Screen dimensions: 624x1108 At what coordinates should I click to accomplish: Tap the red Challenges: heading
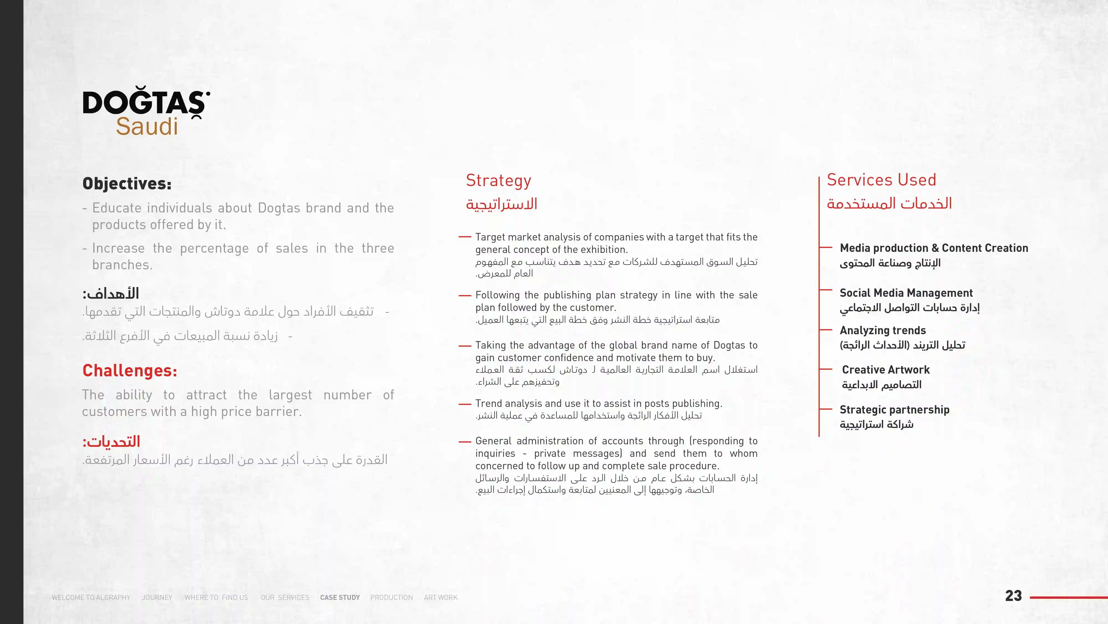click(129, 370)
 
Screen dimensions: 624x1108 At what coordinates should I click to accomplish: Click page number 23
click(1013, 596)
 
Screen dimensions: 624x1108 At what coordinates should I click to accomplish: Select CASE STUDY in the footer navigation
click(340, 597)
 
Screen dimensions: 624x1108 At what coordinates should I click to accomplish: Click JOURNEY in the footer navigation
click(157, 597)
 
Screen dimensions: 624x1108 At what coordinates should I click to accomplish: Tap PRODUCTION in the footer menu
click(391, 597)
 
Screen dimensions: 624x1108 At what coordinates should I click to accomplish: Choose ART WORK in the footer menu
click(440, 597)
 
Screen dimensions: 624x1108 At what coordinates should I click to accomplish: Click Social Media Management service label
click(906, 293)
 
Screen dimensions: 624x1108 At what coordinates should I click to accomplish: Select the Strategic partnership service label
click(894, 410)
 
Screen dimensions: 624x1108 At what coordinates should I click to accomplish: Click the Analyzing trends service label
click(883, 330)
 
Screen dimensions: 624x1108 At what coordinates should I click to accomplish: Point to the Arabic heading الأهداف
click(111, 294)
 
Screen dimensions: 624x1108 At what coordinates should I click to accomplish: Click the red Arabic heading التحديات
click(111, 442)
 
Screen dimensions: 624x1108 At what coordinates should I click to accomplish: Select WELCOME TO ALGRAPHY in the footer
click(91, 597)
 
